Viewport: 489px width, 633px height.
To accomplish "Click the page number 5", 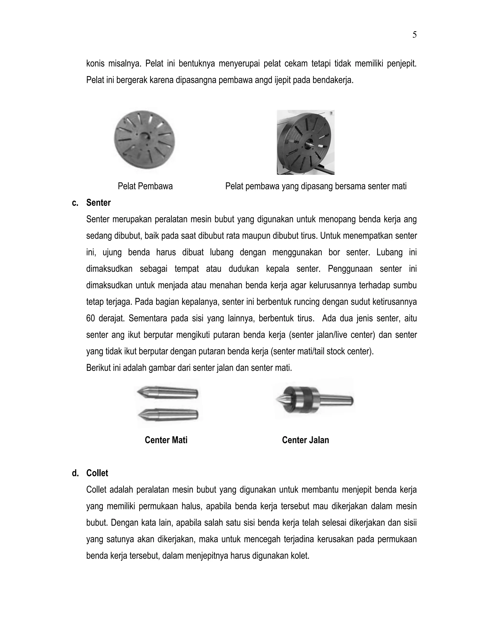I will [414, 35].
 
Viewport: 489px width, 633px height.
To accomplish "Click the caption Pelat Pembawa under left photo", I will [145, 186].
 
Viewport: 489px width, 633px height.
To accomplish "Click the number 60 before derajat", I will [91, 318].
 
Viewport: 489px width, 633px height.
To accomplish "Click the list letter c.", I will [75, 203].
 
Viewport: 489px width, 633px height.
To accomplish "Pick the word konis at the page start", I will [95, 64].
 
